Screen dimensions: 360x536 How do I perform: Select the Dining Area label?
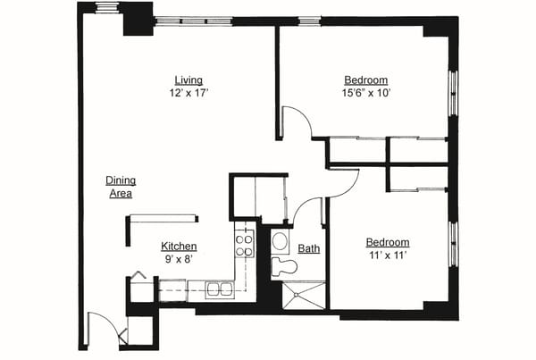coord(120,186)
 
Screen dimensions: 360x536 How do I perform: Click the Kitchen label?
coord(179,247)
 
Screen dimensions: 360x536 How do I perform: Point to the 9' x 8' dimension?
coord(178,260)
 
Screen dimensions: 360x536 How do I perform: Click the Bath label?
coord(309,249)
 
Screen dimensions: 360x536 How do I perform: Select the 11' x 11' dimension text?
coord(388,255)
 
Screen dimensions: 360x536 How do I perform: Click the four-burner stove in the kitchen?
coord(244,244)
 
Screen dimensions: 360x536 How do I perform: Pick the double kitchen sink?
coord(217,289)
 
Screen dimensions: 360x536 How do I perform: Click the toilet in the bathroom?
coord(284,266)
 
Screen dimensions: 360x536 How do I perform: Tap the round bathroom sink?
coord(280,240)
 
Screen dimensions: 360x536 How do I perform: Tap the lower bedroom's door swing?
coord(343,182)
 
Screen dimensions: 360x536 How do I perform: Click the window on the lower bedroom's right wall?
coord(453,244)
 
